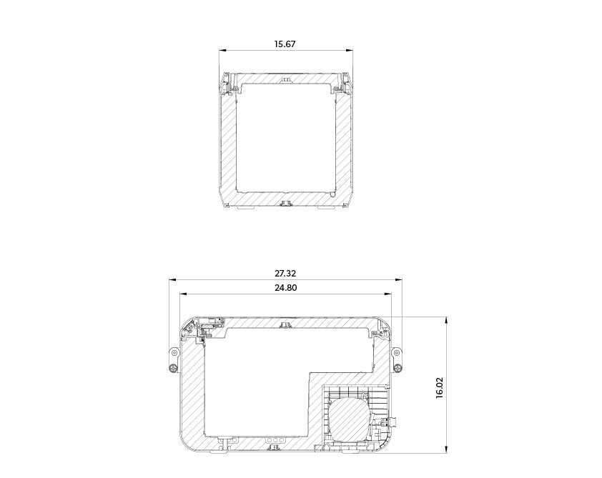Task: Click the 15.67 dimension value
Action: [285, 44]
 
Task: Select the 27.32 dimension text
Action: [285, 274]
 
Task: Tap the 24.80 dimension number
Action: [286, 288]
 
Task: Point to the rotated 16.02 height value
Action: [440, 388]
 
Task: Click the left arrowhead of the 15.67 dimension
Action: [222, 50]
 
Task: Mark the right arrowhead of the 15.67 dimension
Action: [349, 50]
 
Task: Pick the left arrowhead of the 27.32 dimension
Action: [173, 280]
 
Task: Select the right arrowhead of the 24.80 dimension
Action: [388, 294]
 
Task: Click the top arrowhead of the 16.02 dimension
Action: [447, 320]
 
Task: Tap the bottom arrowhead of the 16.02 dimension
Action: [447, 449]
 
